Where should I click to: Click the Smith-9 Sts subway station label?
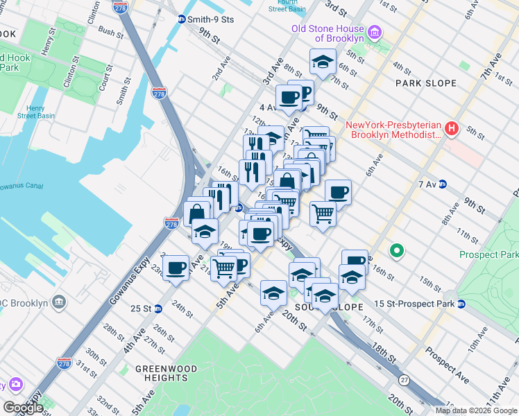(212, 19)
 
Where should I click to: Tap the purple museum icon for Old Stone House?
(375, 33)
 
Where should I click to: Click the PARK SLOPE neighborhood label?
(426, 83)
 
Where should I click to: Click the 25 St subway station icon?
(158, 309)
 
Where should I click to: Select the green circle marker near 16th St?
(397, 250)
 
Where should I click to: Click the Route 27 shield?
(403, 380)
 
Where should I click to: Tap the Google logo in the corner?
(23, 408)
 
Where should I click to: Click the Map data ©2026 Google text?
(475, 410)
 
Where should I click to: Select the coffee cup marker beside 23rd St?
(176, 268)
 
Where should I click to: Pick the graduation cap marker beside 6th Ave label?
(273, 293)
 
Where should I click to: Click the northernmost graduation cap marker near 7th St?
(323, 62)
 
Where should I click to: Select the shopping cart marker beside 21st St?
(223, 267)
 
